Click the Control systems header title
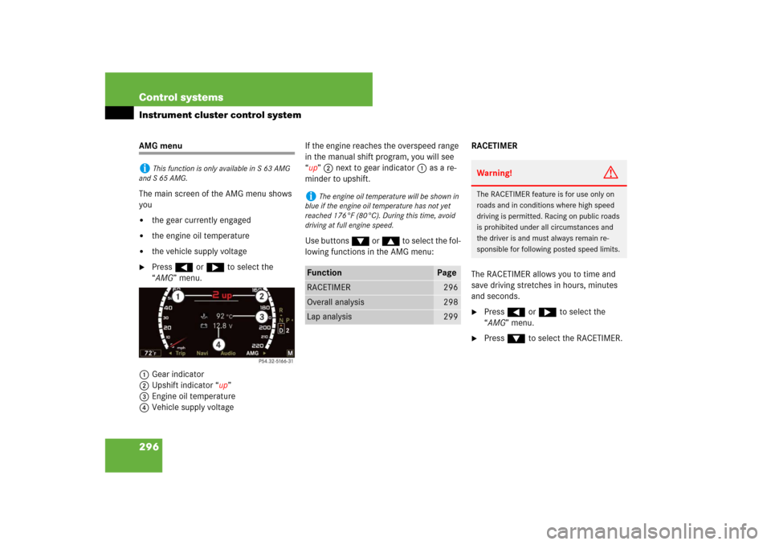[181, 97]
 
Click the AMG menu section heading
[161, 145]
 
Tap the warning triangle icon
[610, 173]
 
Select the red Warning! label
[494, 173]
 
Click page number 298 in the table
[451, 301]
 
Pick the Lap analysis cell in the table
[329, 317]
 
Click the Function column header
[324, 272]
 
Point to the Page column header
[447, 272]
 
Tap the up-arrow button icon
[390, 241]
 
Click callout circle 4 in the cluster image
[218, 345]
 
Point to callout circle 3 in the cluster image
[262, 317]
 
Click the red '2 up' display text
[222, 295]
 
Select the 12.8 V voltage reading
[222, 326]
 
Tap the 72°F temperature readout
[150, 353]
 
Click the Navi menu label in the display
[202, 353]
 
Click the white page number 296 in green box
[149, 447]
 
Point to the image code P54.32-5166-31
[275, 362]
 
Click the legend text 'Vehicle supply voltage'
[193, 408]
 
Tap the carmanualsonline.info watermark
[652, 531]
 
